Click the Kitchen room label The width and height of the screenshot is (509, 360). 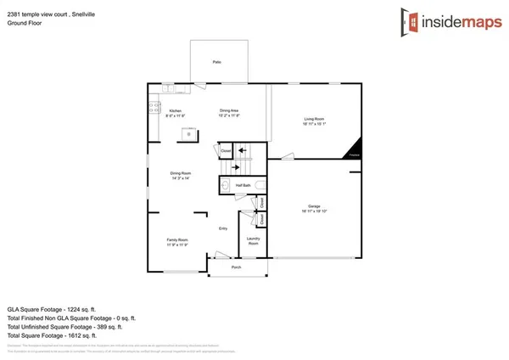pyautogui.click(x=176, y=113)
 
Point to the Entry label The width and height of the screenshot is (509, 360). pyautogui.click(x=223, y=228)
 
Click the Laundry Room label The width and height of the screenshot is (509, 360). pyautogui.click(x=253, y=241)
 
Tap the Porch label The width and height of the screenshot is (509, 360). pyautogui.click(x=237, y=267)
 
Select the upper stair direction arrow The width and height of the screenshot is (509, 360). pyautogui.click(x=241, y=151)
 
